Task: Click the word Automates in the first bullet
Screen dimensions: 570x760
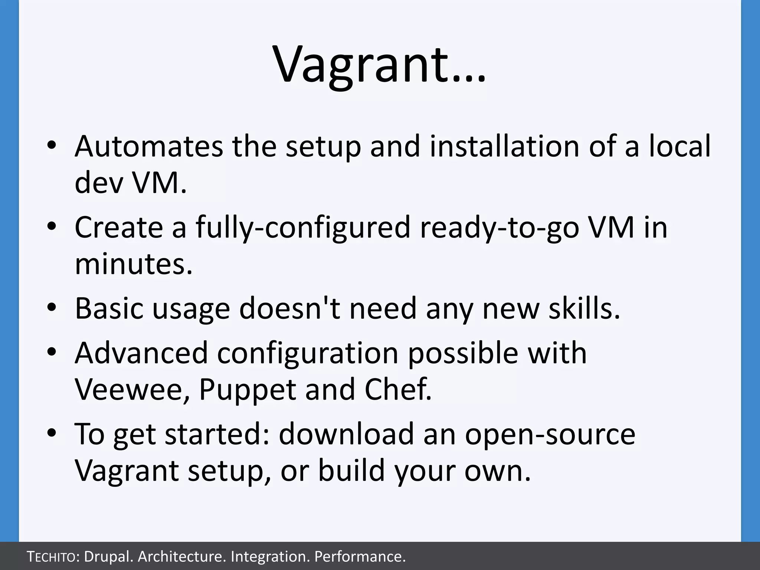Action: click(149, 146)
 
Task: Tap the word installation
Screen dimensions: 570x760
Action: click(505, 146)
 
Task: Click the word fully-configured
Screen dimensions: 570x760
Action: click(303, 227)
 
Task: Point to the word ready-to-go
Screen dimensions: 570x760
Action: click(499, 227)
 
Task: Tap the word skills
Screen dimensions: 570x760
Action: click(584, 308)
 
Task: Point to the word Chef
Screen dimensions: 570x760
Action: click(398, 389)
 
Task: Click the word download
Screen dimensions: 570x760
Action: click(346, 434)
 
